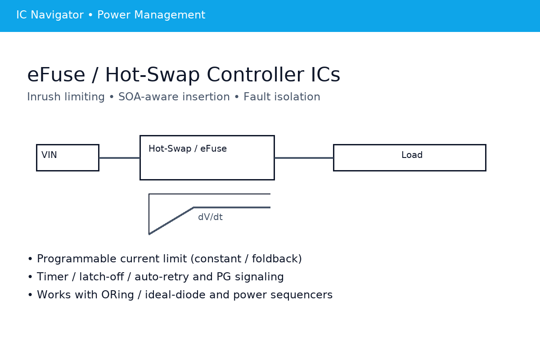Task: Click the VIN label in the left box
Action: [x=49, y=155]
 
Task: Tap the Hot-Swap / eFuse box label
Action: [x=188, y=149]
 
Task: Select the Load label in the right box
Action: [x=412, y=155]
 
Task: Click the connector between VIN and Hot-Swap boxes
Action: [x=119, y=158]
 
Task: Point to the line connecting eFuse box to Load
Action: [x=304, y=158]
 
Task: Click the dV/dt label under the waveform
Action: [x=210, y=217]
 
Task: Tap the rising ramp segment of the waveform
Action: [x=171, y=221]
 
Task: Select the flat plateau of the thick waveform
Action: [x=232, y=207]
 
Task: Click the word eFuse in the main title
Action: [x=56, y=76]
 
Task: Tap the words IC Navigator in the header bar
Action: [x=49, y=15]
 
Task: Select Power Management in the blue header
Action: [x=151, y=15]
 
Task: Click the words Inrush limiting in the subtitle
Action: [x=66, y=97]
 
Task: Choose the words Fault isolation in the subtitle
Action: [x=282, y=97]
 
